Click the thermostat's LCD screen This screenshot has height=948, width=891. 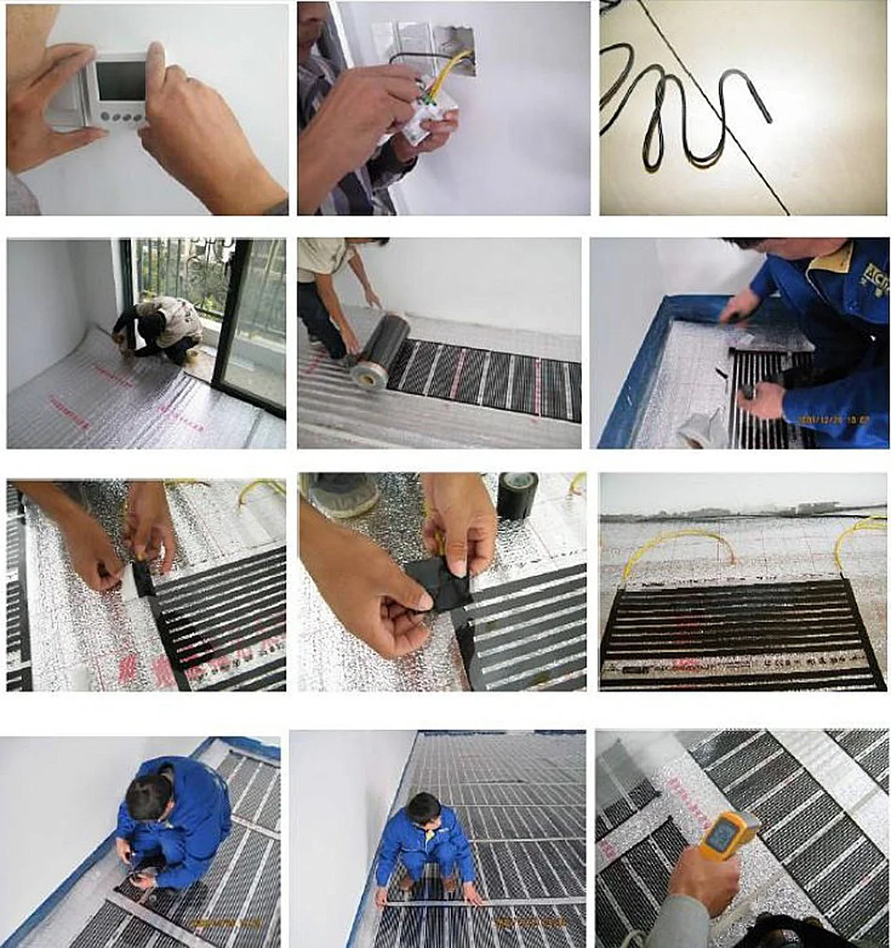coord(119,81)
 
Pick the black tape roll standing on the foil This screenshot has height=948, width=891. coord(517,495)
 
